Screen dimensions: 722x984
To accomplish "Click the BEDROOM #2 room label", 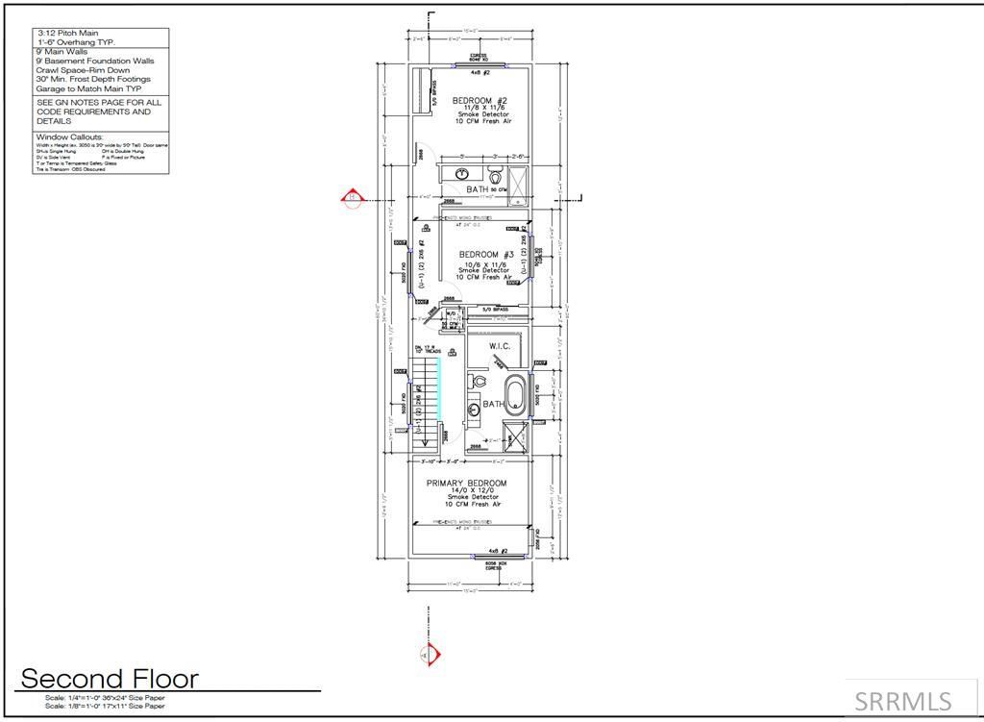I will tap(480, 101).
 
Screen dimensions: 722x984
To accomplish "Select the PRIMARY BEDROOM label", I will tap(467, 484).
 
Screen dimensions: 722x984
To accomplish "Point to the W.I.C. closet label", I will tap(499, 346).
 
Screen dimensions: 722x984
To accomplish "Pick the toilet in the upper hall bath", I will tap(496, 177).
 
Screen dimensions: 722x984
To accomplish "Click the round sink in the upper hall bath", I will tap(463, 175).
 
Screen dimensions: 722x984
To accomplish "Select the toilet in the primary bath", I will tap(478, 383).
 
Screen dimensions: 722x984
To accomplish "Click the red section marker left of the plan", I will tap(352, 199).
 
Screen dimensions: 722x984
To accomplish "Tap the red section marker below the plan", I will tap(430, 655).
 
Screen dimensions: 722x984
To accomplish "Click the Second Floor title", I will tap(110, 679).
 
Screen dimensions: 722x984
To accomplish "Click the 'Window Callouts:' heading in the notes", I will tap(69, 137).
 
